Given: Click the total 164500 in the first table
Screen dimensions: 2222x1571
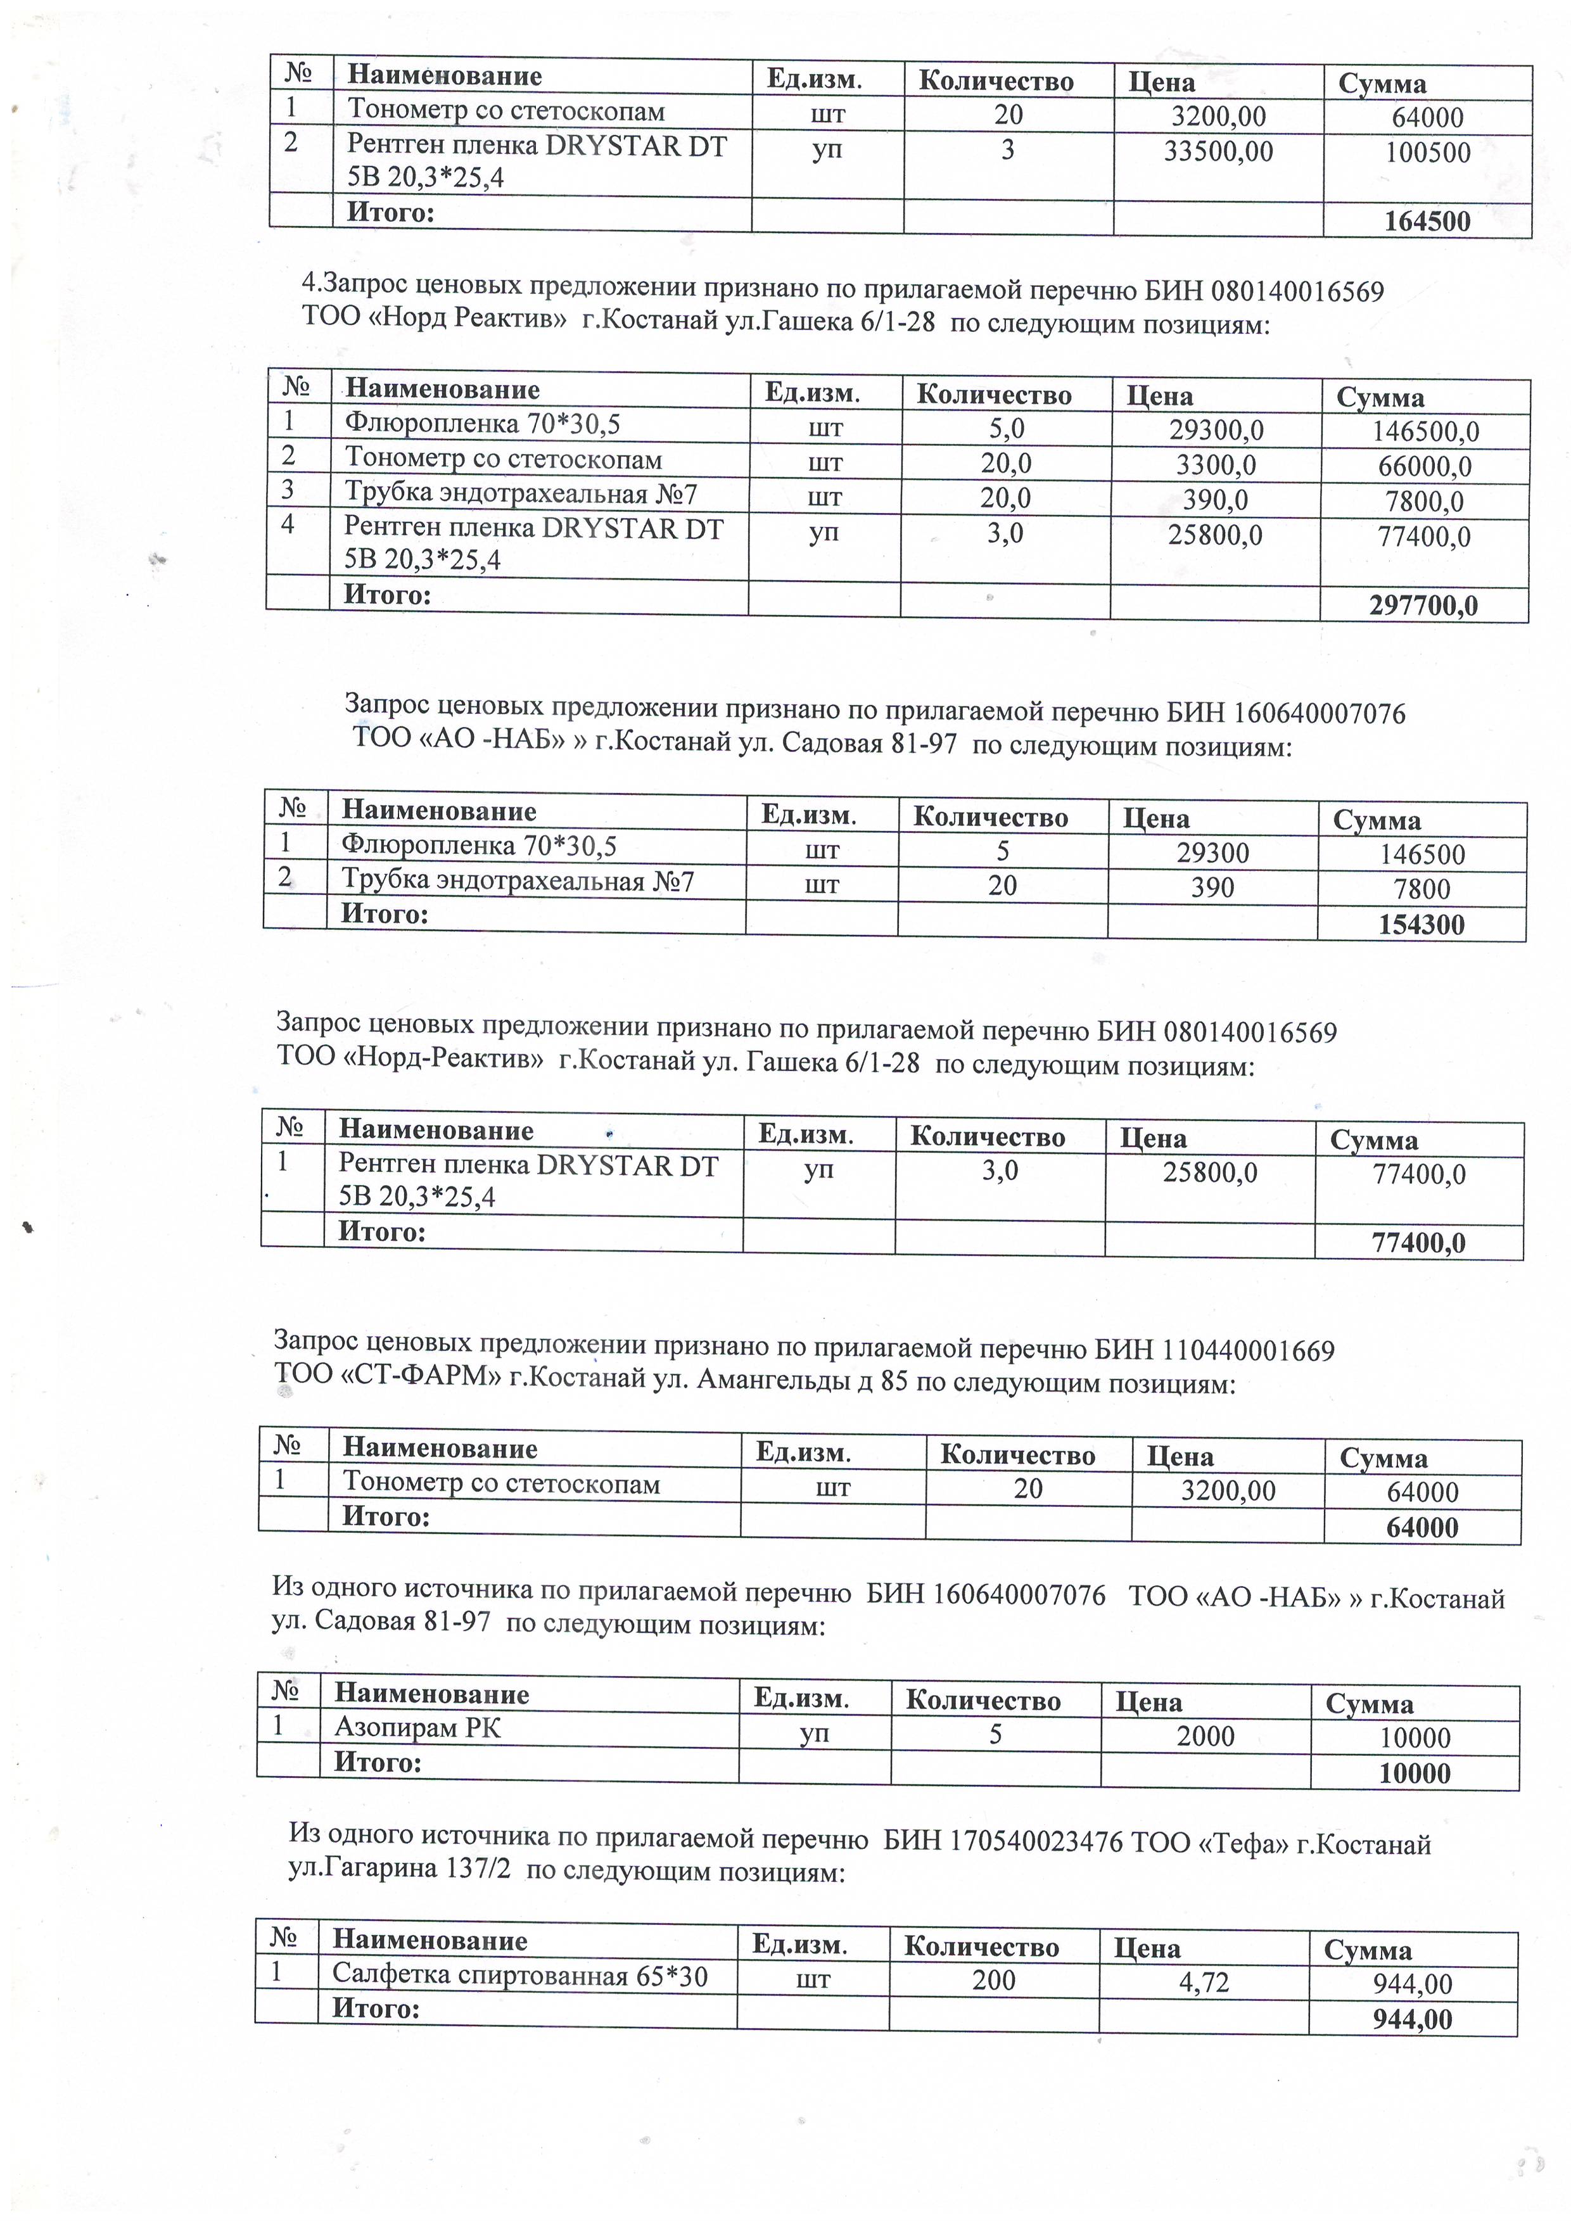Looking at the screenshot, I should coord(1427,222).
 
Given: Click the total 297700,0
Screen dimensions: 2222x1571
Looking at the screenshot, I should coord(1423,606).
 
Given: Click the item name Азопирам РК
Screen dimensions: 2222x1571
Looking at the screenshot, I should coord(417,1727).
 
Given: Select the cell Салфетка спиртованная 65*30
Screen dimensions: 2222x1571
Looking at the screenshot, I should coord(520,1974).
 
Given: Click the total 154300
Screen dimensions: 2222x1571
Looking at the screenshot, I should coord(1421,924).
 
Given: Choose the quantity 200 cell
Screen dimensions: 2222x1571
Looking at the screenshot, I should coord(994,1980).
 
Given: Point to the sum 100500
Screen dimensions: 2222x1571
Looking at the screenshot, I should coord(1428,153).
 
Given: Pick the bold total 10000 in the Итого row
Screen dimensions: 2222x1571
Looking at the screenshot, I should coord(1414,1773).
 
